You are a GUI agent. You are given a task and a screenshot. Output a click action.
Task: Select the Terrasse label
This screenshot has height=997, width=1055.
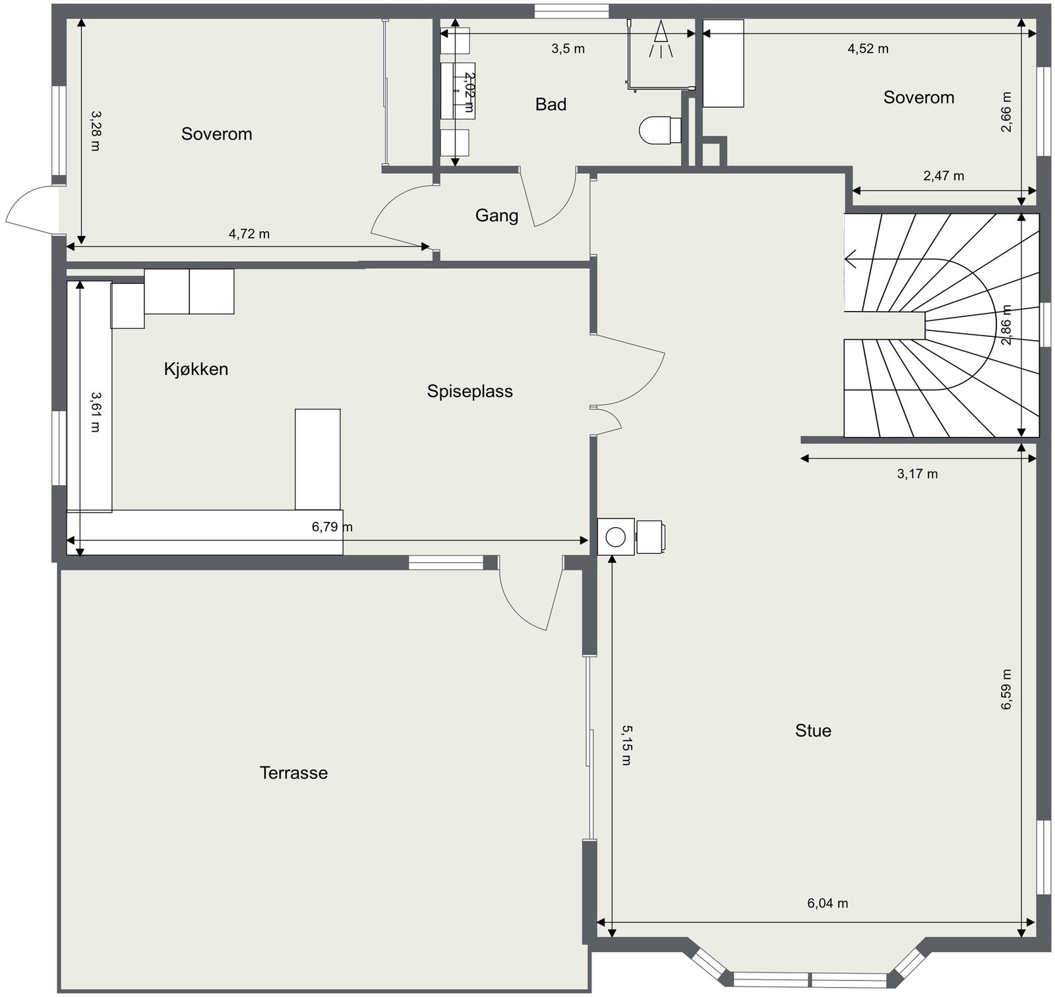[x=293, y=772]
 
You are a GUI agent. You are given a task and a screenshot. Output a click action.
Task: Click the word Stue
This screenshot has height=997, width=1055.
[x=813, y=730]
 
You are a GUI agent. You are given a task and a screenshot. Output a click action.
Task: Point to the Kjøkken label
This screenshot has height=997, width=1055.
[x=196, y=368]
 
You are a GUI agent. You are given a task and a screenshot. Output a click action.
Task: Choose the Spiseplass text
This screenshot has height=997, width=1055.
[x=469, y=391]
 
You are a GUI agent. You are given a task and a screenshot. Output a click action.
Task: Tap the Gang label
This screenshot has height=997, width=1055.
[x=497, y=215]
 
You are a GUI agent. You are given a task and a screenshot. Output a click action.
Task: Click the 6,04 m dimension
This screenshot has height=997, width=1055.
[x=828, y=903]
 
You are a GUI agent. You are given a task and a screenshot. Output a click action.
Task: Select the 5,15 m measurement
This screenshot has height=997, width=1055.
[x=626, y=745]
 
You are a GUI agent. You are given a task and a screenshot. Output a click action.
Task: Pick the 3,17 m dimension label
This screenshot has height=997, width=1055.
[x=917, y=474]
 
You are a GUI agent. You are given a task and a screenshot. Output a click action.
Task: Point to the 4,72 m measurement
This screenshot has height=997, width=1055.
[x=249, y=234]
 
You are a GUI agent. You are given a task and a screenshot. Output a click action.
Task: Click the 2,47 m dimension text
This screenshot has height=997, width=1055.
[x=944, y=176]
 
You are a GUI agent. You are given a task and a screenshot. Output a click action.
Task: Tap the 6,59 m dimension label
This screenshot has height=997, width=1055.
[x=1006, y=689]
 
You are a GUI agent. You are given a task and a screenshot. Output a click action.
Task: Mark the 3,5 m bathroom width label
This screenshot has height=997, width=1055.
[x=568, y=49]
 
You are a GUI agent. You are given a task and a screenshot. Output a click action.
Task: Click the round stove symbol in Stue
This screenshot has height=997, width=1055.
[x=615, y=537]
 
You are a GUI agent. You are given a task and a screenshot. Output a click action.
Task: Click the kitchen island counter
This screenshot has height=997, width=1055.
[x=318, y=459]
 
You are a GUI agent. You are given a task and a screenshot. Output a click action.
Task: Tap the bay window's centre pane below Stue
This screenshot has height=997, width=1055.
[x=810, y=979]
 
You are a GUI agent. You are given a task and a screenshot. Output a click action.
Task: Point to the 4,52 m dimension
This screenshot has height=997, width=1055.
[x=868, y=49]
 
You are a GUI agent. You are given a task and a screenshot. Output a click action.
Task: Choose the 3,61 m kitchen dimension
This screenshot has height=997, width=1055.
[x=95, y=412]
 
